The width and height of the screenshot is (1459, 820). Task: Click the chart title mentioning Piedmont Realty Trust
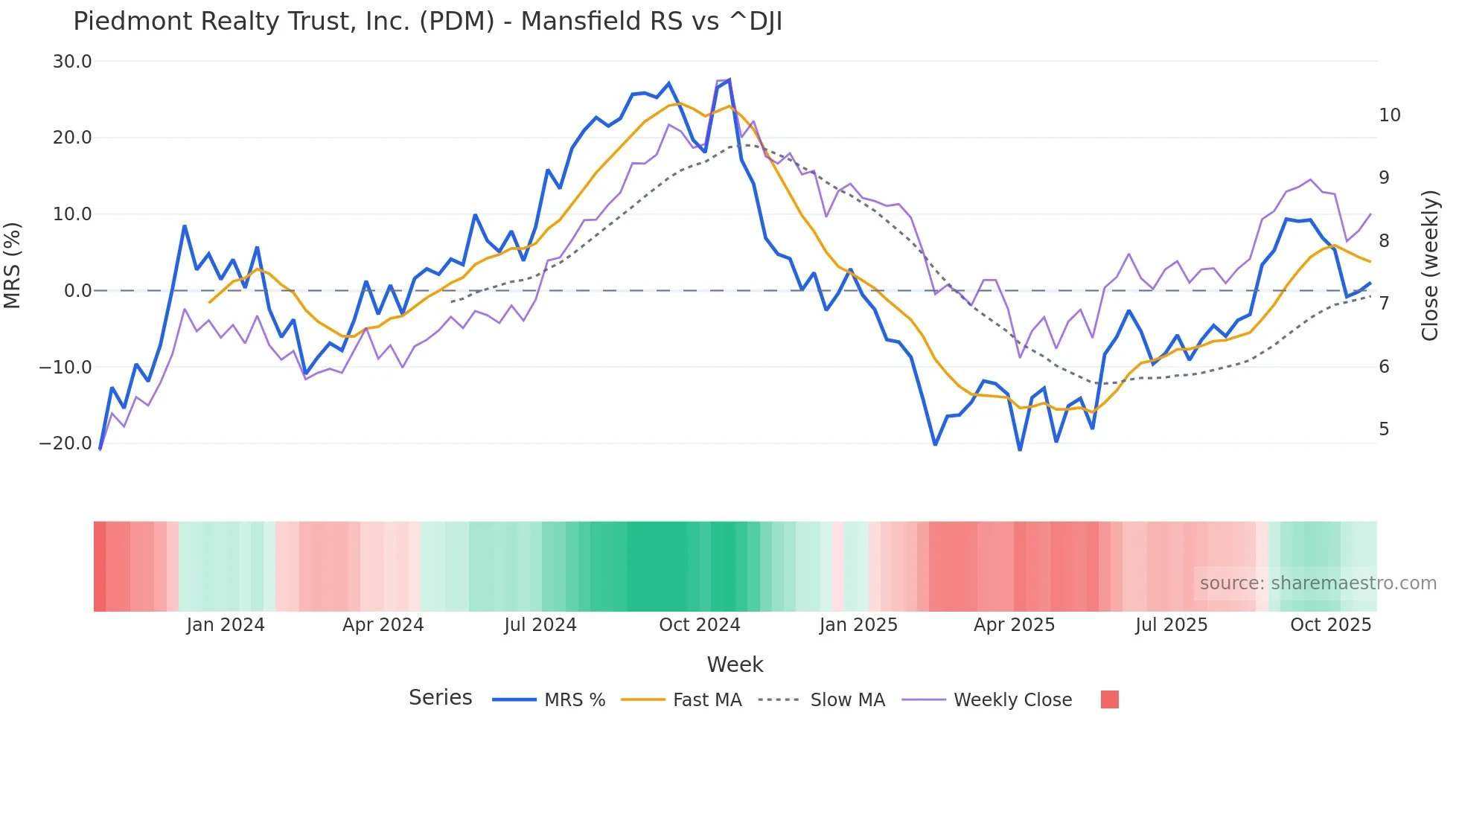tap(427, 22)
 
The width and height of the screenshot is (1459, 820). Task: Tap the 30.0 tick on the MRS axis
tap(72, 62)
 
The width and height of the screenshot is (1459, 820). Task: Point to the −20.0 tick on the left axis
tap(66, 443)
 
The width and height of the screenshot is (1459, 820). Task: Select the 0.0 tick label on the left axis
tap(77, 291)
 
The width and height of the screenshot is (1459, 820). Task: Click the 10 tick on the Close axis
tap(1389, 115)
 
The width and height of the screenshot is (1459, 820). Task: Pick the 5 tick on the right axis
tap(1384, 429)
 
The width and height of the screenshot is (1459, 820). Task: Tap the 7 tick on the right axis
tap(1384, 304)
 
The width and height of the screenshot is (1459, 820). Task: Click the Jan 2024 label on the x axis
tap(225, 625)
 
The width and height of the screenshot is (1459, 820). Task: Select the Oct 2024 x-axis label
tap(699, 625)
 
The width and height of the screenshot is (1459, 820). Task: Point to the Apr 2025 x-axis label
tap(1014, 625)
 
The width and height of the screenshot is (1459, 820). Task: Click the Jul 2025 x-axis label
tap(1171, 625)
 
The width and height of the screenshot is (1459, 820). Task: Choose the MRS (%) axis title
tap(13, 265)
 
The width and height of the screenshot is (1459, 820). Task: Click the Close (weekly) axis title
tap(1430, 266)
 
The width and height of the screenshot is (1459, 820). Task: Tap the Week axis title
tap(735, 664)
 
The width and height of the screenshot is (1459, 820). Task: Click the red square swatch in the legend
tap(1109, 699)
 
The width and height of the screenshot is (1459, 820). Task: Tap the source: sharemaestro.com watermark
tap(1318, 583)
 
